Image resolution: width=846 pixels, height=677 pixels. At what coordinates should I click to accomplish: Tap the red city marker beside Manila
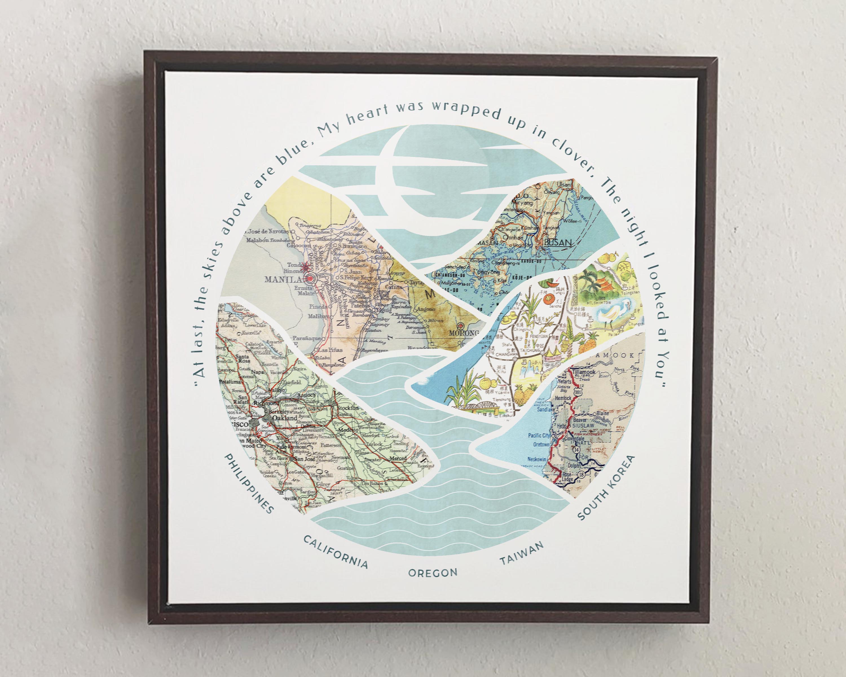310,279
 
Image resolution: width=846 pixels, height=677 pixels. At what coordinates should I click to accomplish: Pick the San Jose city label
305,460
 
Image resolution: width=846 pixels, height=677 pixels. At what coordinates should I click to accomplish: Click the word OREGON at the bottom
433,573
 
